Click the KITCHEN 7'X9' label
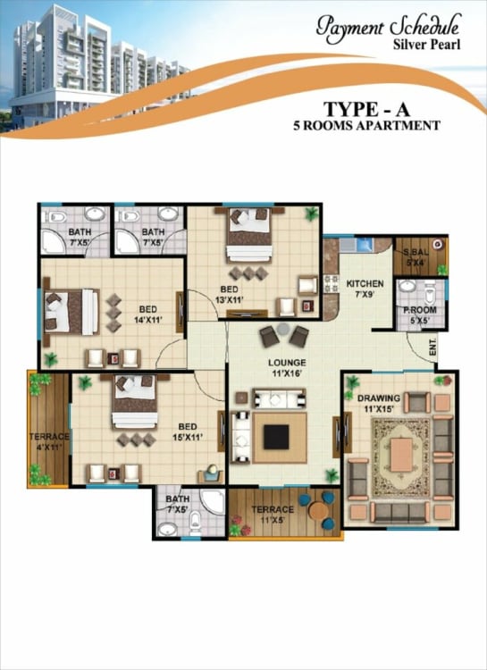pyautogui.click(x=365, y=289)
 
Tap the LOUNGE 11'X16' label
pyautogui.click(x=287, y=368)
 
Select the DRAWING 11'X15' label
pyautogui.click(x=379, y=404)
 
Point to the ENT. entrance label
pyautogui.click(x=432, y=347)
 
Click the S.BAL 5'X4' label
pyautogui.click(x=416, y=257)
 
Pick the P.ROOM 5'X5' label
pyautogui.click(x=420, y=315)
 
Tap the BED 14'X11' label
pyautogui.click(x=148, y=314)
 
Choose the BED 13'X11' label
pyautogui.click(x=229, y=295)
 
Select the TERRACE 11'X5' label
pyautogui.click(x=273, y=515)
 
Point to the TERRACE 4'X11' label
pyautogui.click(x=49, y=441)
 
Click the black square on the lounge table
pyautogui.click(x=276, y=437)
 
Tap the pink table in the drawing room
pyautogui.click(x=401, y=455)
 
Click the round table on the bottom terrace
pyautogui.click(x=318, y=510)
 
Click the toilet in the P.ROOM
pyautogui.click(x=431, y=292)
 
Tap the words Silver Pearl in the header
pyautogui.click(x=427, y=44)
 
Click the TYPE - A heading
pyautogui.click(x=366, y=109)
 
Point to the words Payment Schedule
pyautogui.click(x=389, y=27)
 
